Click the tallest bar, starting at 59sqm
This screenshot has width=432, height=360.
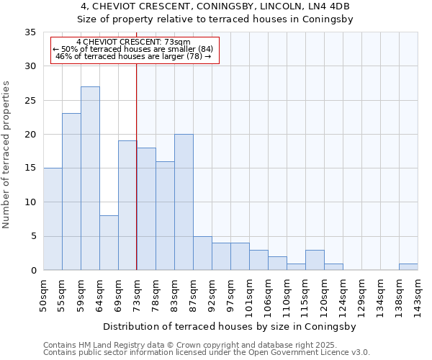(90, 179)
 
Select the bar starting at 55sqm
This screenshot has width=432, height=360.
(71, 192)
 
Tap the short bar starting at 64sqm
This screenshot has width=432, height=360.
(109, 243)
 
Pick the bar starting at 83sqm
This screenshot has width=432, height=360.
(184, 202)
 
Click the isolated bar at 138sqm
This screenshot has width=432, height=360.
(408, 267)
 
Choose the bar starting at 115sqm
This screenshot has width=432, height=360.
(315, 260)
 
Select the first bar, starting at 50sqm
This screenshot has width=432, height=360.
(53, 219)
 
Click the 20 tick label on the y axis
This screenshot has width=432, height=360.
(30, 135)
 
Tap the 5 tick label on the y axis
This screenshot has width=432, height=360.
(32, 237)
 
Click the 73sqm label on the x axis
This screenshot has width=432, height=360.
(137, 295)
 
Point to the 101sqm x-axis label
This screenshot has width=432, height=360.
(249, 297)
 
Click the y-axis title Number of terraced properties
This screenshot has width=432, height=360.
(6, 155)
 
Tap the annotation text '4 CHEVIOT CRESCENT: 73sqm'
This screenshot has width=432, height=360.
(133, 42)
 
